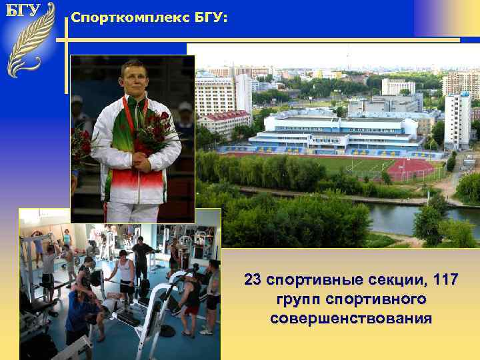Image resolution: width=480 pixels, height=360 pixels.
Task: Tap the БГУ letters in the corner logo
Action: tap(23, 11)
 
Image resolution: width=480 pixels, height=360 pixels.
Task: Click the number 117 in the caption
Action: tap(445, 279)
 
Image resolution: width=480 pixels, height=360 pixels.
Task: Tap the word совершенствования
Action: tap(351, 319)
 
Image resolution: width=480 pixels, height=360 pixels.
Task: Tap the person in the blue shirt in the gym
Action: tap(79, 313)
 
